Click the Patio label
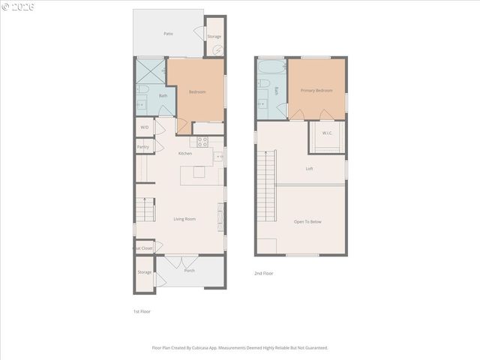tap(168, 34)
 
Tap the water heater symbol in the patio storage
tap(217, 50)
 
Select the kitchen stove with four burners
tap(202, 141)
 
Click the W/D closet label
tap(144, 127)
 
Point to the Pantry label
tap(142, 147)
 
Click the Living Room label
tap(184, 219)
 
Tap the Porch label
tap(189, 271)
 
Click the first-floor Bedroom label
tap(197, 91)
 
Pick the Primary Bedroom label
tap(316, 90)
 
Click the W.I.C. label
tap(327, 133)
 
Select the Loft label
tap(309, 169)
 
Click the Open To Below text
tap(308, 222)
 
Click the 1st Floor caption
tap(142, 310)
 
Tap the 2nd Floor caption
tap(263, 274)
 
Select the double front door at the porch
tap(177, 262)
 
